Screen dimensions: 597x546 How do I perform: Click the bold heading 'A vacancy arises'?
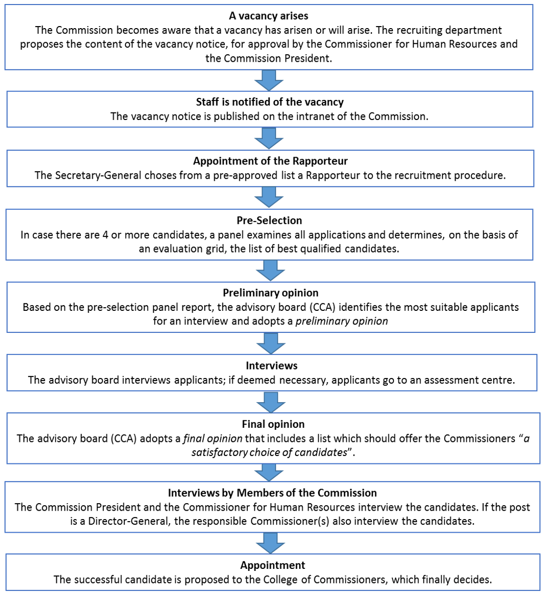click(x=268, y=16)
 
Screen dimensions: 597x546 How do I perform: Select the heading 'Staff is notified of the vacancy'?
click(x=269, y=102)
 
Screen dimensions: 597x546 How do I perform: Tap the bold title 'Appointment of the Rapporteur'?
click(x=270, y=161)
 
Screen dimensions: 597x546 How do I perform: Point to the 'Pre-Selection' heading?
click(x=269, y=220)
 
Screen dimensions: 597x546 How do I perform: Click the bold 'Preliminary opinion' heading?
click(x=270, y=293)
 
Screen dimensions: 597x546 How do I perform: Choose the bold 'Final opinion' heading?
click(x=273, y=424)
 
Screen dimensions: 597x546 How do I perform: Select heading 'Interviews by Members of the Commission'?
click(x=272, y=493)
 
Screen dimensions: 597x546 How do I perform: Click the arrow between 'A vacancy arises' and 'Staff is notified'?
click(x=269, y=80)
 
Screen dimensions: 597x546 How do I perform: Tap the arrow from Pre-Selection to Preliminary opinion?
click(x=270, y=270)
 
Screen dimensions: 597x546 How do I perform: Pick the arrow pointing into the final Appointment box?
click(x=271, y=542)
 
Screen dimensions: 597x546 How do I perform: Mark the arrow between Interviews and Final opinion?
click(x=271, y=402)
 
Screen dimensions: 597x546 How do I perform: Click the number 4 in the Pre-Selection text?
click(x=105, y=235)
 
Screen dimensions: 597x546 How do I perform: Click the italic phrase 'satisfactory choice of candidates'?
click(x=269, y=452)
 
